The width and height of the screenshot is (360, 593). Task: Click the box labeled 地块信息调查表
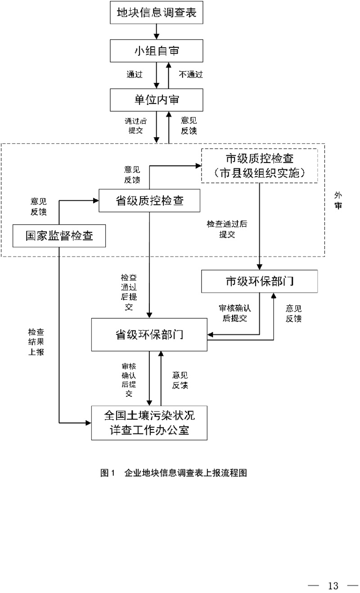[157, 14]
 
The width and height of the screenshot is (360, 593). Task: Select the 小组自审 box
[157, 51]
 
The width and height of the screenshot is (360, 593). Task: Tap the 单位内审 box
[157, 100]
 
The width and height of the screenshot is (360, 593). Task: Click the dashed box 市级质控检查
[260, 165]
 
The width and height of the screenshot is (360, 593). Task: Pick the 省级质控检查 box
[150, 201]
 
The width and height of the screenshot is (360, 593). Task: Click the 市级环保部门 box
[260, 282]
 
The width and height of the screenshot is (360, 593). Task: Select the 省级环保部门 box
[149, 335]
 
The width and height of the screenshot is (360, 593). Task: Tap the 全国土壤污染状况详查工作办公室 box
[149, 423]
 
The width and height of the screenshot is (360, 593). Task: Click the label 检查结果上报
[36, 342]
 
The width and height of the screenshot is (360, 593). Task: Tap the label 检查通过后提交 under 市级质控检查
[227, 229]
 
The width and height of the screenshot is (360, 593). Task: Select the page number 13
[333, 585]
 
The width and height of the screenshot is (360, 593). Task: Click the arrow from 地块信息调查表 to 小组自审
[157, 32]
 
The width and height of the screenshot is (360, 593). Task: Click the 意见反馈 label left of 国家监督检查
[38, 206]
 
